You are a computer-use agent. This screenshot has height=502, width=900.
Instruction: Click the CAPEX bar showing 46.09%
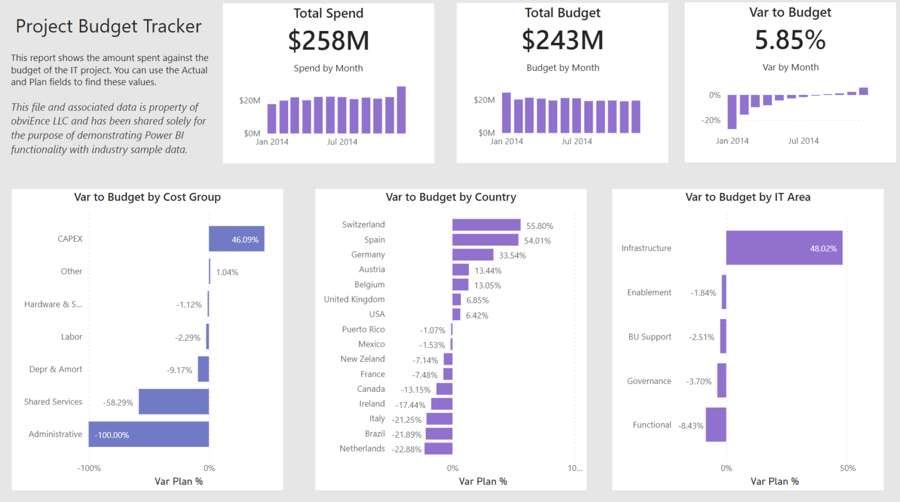[236, 239]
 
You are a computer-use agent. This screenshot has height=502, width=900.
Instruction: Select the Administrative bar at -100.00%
[149, 434]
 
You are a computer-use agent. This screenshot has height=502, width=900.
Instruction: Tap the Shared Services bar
[173, 402]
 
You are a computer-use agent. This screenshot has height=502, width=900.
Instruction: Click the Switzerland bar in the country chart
[486, 225]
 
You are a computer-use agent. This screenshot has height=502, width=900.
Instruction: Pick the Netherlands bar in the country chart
[438, 449]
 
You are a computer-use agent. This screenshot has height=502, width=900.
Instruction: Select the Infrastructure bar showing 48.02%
[783, 247]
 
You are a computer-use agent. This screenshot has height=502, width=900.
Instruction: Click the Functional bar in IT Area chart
[715, 425]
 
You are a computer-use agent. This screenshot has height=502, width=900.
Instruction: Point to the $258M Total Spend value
[328, 40]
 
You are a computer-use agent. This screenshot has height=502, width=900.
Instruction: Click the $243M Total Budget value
[562, 40]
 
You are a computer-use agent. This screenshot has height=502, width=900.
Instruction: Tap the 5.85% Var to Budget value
[790, 40]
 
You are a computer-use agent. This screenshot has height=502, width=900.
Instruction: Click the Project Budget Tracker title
[108, 26]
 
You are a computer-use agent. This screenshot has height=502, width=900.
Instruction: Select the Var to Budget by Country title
[451, 197]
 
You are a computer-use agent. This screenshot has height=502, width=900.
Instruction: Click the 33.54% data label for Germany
[512, 256]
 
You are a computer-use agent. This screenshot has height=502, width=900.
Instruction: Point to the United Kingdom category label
[354, 299]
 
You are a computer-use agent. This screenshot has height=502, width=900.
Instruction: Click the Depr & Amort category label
[56, 369]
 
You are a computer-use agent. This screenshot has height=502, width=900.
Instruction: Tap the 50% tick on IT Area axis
[847, 468]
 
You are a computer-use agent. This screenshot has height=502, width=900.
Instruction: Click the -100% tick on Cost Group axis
[89, 468]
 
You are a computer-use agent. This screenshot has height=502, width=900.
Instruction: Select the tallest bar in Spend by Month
[401, 110]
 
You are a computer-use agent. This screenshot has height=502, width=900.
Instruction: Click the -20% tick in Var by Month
[711, 120]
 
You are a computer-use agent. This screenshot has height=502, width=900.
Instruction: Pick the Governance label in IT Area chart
[649, 381]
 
